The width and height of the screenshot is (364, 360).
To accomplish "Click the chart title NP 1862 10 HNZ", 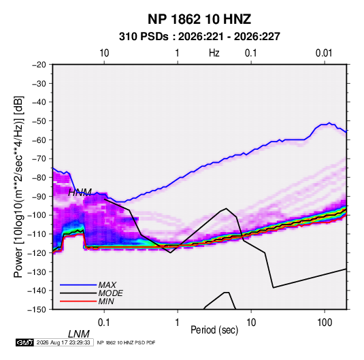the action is (199, 19).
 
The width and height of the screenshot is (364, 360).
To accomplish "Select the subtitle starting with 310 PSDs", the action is (199, 37).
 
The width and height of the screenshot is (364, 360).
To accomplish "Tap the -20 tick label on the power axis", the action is (39, 65).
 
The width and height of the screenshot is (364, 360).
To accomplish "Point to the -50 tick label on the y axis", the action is (39, 121).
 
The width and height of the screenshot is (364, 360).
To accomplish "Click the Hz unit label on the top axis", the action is (214, 53).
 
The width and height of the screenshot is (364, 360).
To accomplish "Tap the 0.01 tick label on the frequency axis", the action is (324, 53).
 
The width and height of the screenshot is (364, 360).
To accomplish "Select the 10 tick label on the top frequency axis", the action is (104, 53).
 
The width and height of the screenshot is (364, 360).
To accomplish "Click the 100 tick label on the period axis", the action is (325, 323).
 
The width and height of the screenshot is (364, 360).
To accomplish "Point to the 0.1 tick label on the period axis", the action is (104, 323).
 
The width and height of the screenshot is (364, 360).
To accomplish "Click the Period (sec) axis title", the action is (214, 330).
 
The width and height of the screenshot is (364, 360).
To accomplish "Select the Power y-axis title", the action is (18, 187).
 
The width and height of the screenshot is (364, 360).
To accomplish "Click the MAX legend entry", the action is (107, 285).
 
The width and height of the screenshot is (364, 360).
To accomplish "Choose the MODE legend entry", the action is (110, 293).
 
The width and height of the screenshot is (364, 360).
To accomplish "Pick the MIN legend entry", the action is (106, 301).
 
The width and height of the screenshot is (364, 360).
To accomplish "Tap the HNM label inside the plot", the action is (80, 193).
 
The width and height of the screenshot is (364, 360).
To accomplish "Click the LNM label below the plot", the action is (78, 334).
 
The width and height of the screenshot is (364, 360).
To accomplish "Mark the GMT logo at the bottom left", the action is (24, 342).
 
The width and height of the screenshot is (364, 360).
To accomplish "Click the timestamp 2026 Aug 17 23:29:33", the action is (63, 342).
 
